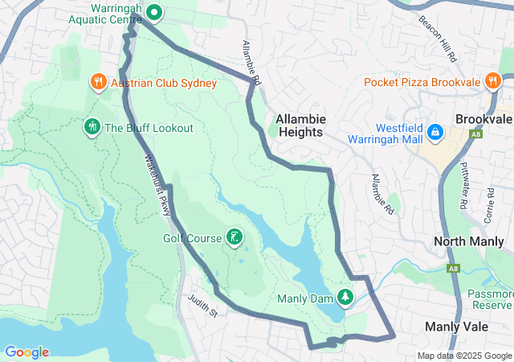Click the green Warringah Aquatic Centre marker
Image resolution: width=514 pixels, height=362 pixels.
pyautogui.click(x=154, y=12)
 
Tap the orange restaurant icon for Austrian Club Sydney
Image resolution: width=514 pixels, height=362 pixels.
pyautogui.click(x=97, y=81)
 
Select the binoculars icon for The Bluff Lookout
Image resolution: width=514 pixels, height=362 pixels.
pyautogui.click(x=92, y=126)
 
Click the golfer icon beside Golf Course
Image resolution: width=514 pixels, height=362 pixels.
pyautogui.click(x=234, y=237)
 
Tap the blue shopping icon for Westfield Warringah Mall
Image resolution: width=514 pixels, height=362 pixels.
pyautogui.click(x=434, y=131)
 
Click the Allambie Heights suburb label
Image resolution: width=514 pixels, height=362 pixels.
pyautogui.click(x=300, y=125)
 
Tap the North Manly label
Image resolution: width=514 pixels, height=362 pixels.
pyautogui.click(x=468, y=241)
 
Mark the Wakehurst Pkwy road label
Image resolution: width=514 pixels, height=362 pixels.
pyautogui.click(x=158, y=186)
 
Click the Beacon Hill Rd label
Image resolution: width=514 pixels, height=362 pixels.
pyautogui.click(x=438, y=37)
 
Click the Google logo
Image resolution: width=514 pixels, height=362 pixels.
pyautogui.click(x=27, y=352)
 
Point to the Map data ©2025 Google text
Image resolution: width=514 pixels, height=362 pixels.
pyautogui.click(x=464, y=356)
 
